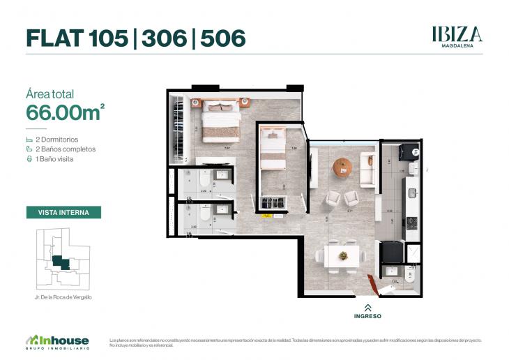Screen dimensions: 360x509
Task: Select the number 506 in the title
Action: (x=223, y=38)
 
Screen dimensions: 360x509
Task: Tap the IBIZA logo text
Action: (x=457, y=33)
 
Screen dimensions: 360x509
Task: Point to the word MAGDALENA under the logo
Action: (x=457, y=47)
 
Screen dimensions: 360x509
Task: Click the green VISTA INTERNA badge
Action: (x=63, y=212)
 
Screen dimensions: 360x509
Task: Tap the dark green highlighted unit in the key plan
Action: (x=60, y=263)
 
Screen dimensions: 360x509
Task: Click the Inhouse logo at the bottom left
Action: (x=57, y=342)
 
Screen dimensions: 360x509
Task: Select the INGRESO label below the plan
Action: (x=367, y=316)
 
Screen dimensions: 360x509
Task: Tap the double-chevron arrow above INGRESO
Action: (x=367, y=307)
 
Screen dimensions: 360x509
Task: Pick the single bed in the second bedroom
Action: (x=273, y=149)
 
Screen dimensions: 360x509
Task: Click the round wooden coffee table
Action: (x=342, y=167)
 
